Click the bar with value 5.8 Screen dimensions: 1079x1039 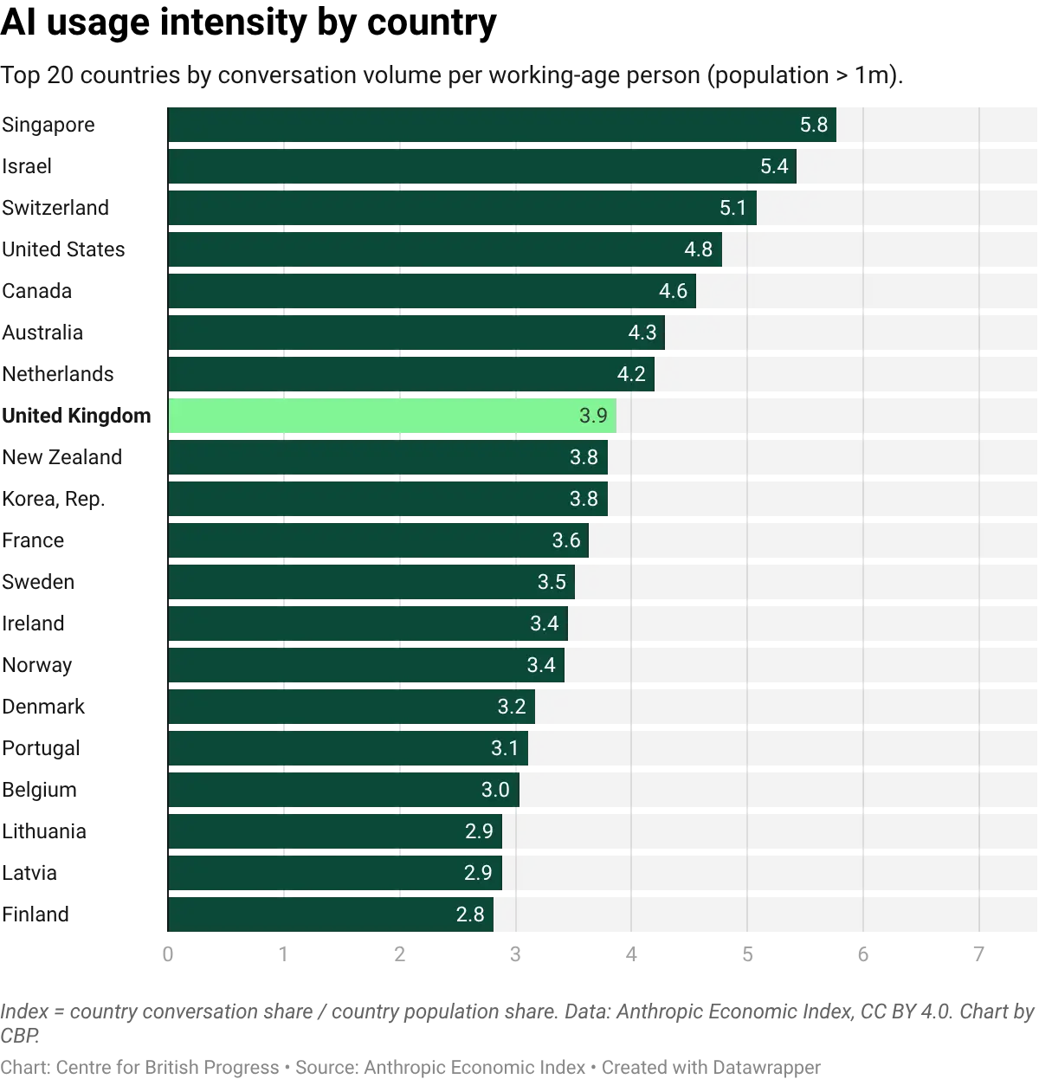(x=502, y=125)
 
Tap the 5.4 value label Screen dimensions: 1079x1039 (x=774, y=166)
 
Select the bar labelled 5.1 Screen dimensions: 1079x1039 (x=461, y=208)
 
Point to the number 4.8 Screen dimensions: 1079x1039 (x=698, y=249)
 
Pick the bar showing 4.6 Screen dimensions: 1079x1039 (x=431, y=291)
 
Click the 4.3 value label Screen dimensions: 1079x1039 (x=642, y=333)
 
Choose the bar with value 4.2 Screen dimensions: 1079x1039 (x=411, y=374)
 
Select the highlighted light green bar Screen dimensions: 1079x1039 (x=391, y=416)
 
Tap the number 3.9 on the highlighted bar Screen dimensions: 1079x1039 (x=593, y=416)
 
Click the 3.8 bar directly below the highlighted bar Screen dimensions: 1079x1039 (x=387, y=457)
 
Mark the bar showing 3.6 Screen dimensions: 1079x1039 (x=378, y=540)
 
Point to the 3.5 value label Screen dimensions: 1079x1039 (x=552, y=582)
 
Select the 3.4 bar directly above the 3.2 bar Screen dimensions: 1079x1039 (x=366, y=665)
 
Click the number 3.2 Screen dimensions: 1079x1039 (x=512, y=707)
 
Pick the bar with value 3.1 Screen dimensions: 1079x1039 (x=347, y=748)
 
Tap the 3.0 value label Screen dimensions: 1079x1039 (x=495, y=790)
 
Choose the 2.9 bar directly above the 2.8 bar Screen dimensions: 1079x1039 (x=335, y=873)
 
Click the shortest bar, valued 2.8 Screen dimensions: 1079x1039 (x=330, y=914)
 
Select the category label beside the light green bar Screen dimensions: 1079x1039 (x=76, y=416)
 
